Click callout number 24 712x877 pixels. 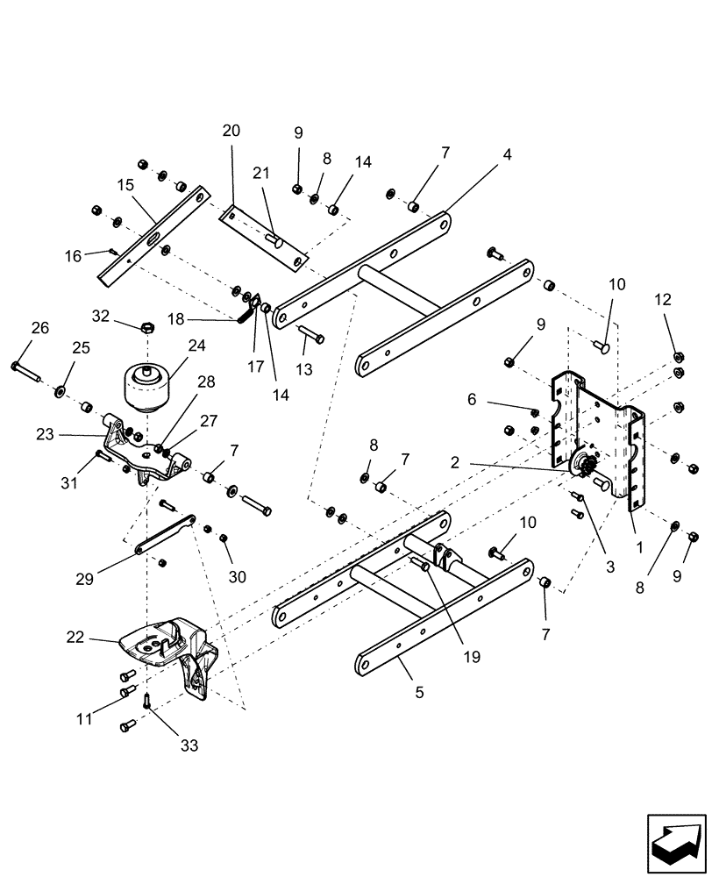[197, 346]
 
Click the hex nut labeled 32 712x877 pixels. [148, 326]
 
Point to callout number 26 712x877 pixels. [39, 329]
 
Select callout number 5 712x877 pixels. [419, 692]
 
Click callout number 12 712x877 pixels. [663, 299]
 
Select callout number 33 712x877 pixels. [189, 746]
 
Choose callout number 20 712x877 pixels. [231, 132]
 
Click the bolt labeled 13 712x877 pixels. [311, 338]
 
